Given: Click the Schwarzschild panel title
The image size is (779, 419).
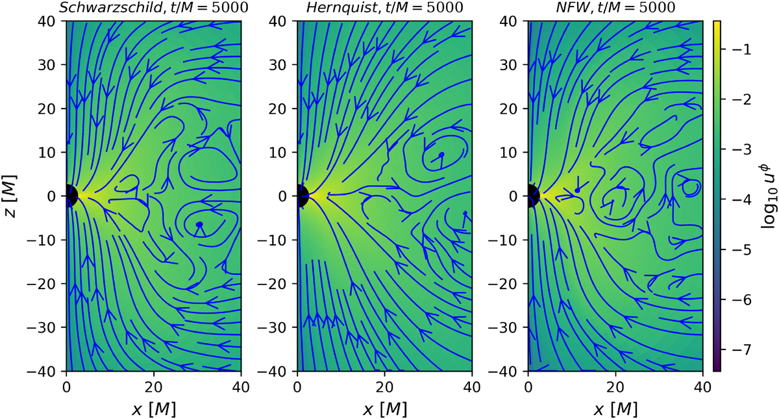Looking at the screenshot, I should coord(153,8).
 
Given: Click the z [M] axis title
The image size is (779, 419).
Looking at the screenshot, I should coord(12,196).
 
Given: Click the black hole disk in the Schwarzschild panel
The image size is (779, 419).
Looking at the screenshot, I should coord(69,196).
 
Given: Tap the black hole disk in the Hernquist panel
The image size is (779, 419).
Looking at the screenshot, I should coord(301,196).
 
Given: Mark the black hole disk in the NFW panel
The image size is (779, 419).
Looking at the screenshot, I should coord(531,196).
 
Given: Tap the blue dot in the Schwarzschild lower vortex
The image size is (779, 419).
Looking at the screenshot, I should coord(199,225).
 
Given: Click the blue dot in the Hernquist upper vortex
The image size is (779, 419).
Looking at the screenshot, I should coord(441,155).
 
